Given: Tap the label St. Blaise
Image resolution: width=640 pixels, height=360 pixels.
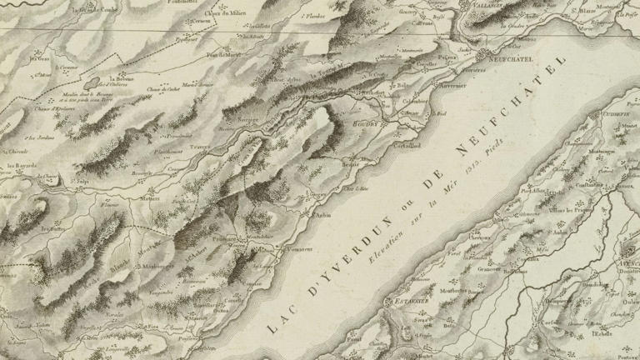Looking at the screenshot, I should point(587,12).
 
